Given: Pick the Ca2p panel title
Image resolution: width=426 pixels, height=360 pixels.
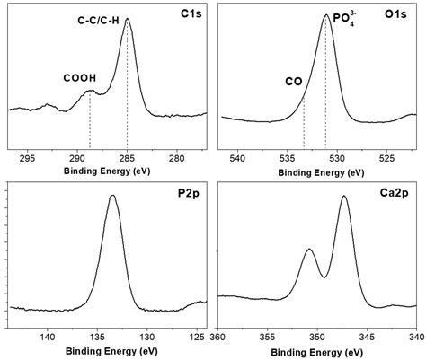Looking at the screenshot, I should click(395, 194).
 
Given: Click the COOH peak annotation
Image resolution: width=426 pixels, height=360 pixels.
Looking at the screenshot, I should click(79, 78).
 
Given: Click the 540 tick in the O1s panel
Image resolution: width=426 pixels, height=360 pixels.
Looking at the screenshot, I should click(238, 158).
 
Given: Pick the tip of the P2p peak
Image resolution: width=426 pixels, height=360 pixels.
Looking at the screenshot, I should click(112, 196).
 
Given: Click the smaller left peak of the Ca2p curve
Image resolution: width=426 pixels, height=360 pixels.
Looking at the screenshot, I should click(309, 250).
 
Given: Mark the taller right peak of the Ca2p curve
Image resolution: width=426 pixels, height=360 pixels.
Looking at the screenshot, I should click(344, 197).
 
